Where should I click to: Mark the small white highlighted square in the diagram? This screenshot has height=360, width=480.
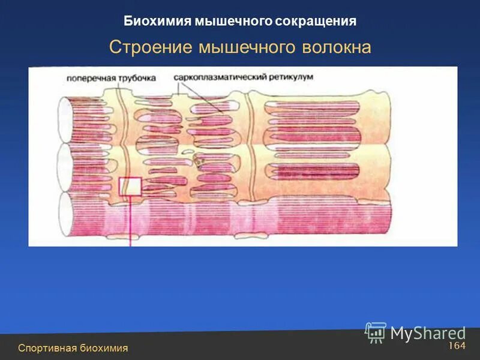[x=130, y=187]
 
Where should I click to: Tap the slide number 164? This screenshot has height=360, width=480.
[x=457, y=346]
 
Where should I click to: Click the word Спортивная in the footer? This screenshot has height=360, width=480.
[x=47, y=348]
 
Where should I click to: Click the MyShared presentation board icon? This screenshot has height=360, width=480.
[x=376, y=332]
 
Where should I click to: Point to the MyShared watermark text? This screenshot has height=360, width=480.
[x=428, y=333]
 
